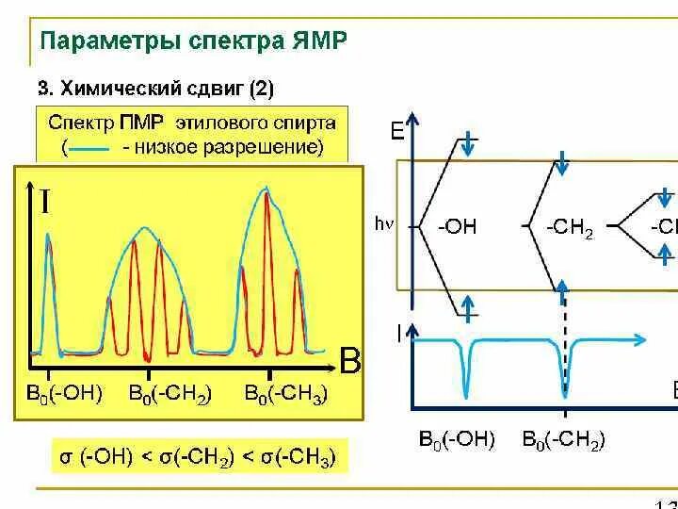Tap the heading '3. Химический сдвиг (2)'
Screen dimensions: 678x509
155,90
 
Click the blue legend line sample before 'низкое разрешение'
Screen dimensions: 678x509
90,148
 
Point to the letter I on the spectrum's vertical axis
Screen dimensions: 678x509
45,200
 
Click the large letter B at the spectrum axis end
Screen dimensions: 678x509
350,361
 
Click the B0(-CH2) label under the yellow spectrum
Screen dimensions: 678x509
170,394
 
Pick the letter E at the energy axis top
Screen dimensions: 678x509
397,130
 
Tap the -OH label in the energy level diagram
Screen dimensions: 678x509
458,227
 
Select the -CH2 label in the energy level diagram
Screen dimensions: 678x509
569,228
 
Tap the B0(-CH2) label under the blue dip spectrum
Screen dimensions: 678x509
563,439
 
